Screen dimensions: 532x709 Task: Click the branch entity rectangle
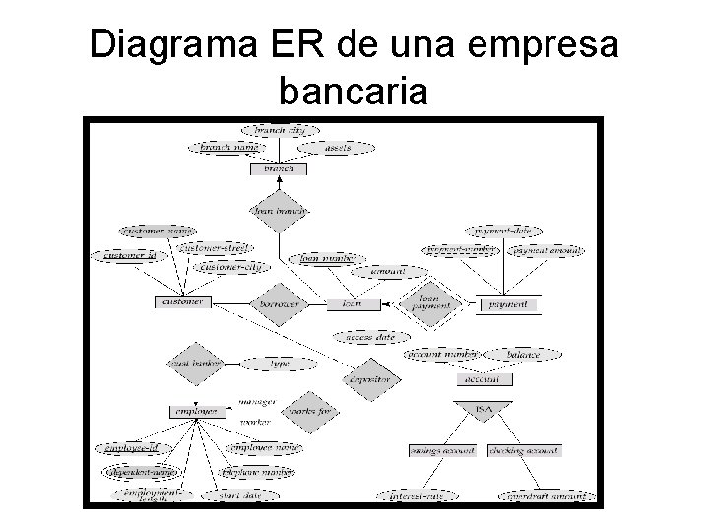[x=279, y=168]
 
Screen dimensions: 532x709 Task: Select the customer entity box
[x=183, y=301]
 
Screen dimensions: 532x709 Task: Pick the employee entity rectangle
[x=197, y=411]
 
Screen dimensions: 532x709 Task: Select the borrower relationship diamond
[x=279, y=304]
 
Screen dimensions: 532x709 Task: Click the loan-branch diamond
[x=279, y=211]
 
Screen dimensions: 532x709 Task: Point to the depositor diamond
[x=368, y=379]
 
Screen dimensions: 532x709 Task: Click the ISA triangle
[x=483, y=406]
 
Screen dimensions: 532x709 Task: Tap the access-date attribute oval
[x=370, y=337]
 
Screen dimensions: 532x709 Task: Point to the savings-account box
[x=443, y=450]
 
